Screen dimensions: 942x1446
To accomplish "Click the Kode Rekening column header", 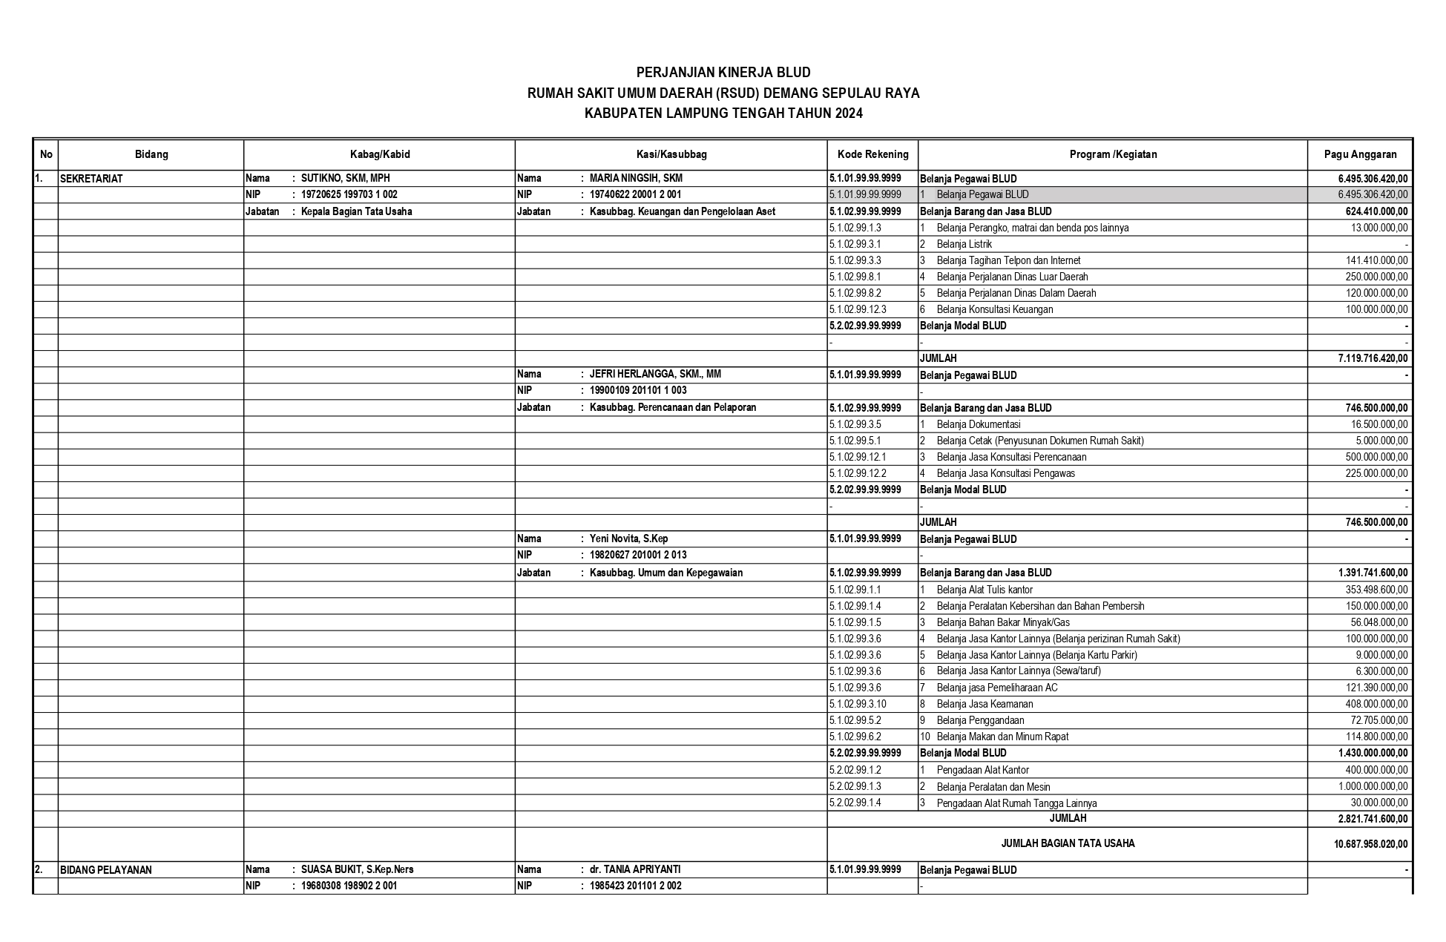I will pyautogui.click(x=872, y=154).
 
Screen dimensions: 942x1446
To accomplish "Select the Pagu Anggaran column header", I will pyautogui.click(x=1360, y=154).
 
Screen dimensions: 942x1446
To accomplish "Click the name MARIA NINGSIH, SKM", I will pyautogui.click(x=636, y=178).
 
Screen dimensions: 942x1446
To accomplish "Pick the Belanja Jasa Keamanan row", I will pyautogui.click(x=985, y=704).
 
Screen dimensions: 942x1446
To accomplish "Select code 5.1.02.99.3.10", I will pyautogui.click(x=858, y=704).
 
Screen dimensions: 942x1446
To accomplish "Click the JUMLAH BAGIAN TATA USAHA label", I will pyautogui.click(x=1067, y=843).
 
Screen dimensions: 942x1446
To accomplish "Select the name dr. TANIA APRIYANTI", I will pyautogui.click(x=635, y=869).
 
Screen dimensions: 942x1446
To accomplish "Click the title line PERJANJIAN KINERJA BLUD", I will pyautogui.click(x=723, y=73).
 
